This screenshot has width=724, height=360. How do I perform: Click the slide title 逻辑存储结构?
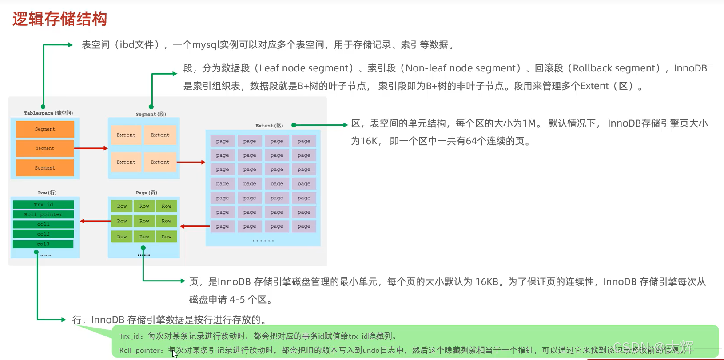(60, 19)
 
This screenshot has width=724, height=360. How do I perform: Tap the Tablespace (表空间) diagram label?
(48, 113)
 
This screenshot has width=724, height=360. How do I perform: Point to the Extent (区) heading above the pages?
(269, 126)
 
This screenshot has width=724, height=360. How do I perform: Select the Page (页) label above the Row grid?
(147, 193)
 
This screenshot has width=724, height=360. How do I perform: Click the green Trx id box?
(44, 205)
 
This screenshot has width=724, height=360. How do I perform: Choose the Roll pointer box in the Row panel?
(44, 214)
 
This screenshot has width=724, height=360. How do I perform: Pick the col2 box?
(44, 234)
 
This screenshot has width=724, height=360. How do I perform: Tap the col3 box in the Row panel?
(44, 244)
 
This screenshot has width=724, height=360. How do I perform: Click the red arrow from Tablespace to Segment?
(91, 148)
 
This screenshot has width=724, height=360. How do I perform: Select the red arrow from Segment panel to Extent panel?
(191, 162)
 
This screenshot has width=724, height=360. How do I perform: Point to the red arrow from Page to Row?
(95, 221)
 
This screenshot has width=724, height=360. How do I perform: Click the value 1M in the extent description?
(529, 123)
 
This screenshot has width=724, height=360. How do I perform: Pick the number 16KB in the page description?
(487, 282)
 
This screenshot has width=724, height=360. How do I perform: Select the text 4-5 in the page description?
(237, 300)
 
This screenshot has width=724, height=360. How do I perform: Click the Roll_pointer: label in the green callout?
(141, 350)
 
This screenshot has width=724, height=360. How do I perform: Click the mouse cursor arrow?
(175, 354)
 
